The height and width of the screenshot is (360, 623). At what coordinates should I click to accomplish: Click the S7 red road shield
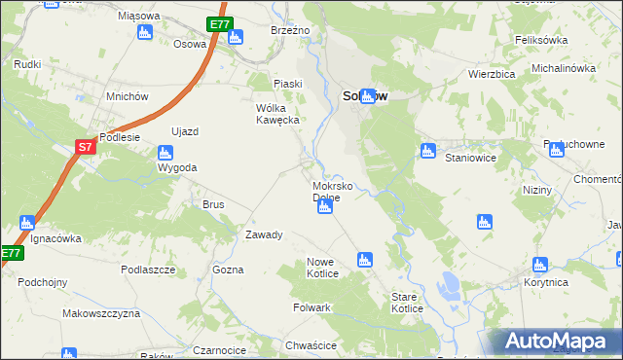tap(86, 147)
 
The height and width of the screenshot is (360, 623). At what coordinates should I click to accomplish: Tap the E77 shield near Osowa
tap(219, 24)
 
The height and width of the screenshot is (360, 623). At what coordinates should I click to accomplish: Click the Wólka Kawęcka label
tap(281, 114)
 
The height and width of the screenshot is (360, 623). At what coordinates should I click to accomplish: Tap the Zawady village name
tap(264, 234)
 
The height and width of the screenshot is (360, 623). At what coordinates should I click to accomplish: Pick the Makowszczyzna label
tap(101, 314)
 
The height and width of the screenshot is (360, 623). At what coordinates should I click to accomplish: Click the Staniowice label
tap(470, 157)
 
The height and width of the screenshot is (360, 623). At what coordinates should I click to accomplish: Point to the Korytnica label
tap(546, 281)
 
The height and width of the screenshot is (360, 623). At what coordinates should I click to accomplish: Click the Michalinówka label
tap(563, 68)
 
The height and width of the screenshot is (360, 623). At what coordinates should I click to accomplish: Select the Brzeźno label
tap(290, 31)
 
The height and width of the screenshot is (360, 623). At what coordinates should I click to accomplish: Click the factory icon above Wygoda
tap(165, 152)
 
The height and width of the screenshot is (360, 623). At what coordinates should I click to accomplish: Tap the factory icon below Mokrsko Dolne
tap(325, 206)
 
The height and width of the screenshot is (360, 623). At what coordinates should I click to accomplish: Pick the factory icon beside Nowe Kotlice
tap(364, 259)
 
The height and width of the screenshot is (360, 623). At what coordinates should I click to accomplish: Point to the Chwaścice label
tap(311, 345)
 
